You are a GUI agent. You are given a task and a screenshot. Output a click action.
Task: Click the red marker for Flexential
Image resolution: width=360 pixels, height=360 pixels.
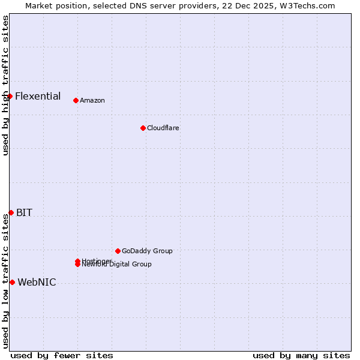10,96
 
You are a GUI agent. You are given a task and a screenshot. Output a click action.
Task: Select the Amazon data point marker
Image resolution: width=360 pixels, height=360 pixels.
76,100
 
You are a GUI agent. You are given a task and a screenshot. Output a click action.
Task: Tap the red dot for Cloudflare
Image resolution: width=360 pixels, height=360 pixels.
143,128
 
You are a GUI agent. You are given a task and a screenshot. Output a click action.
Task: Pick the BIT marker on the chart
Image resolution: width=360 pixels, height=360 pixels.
11,212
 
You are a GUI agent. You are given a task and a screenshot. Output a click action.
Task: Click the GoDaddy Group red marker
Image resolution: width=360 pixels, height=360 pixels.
118,251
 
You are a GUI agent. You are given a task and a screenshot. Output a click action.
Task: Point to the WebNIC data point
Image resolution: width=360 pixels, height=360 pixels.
12,282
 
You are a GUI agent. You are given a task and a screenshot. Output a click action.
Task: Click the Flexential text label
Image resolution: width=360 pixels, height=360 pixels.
38,96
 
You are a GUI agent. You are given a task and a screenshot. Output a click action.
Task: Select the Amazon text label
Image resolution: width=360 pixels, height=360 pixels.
92,101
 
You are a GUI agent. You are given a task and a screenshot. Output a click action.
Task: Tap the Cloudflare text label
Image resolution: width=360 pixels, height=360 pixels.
163,128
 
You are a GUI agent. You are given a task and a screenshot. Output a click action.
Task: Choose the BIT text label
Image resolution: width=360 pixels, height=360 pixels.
24,212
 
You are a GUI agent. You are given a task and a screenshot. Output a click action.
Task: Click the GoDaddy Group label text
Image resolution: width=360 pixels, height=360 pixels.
147,251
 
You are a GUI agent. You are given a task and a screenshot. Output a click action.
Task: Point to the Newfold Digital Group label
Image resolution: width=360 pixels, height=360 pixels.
118,265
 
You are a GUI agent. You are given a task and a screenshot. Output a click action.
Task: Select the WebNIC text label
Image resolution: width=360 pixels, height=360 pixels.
37,282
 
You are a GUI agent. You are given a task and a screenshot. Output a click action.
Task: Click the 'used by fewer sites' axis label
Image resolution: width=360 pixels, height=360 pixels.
62,355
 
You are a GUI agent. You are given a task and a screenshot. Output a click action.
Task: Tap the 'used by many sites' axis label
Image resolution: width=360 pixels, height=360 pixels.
301,355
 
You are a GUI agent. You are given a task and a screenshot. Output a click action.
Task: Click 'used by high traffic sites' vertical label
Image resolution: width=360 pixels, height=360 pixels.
5,85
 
